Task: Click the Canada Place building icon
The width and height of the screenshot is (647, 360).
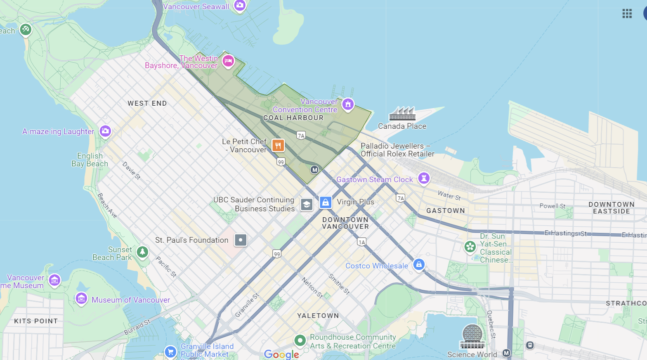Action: pyautogui.click(x=402, y=113)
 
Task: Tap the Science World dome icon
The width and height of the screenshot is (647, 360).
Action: pyautogui.click(x=472, y=336)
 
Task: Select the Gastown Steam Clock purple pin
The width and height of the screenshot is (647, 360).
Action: pyautogui.click(x=424, y=178)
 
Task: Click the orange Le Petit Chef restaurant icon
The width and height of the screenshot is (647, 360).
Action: pyautogui.click(x=278, y=145)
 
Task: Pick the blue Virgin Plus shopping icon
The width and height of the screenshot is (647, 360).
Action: pyautogui.click(x=326, y=202)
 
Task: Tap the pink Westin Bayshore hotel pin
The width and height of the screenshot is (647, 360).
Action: pyautogui.click(x=228, y=61)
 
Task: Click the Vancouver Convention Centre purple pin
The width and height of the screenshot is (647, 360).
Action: pyautogui.click(x=348, y=104)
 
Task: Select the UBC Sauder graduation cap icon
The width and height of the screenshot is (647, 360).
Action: pyautogui.click(x=307, y=204)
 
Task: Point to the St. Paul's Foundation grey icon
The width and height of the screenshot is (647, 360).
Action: pyautogui.click(x=241, y=240)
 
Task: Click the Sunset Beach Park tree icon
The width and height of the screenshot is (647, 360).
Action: pyautogui.click(x=142, y=252)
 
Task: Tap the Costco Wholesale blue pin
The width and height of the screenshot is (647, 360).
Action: pyautogui.click(x=419, y=265)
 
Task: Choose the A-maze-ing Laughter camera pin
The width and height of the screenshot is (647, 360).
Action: pyautogui.click(x=105, y=131)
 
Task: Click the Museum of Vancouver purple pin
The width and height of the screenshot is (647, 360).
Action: pyautogui.click(x=81, y=298)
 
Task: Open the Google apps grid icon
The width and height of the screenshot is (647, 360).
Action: pyautogui.click(x=627, y=14)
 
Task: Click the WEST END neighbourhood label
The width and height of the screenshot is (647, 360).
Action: pyautogui.click(x=147, y=103)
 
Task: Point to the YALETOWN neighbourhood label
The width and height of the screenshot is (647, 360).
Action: pyautogui.click(x=318, y=316)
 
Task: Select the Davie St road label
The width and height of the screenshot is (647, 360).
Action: pyautogui.click(x=132, y=171)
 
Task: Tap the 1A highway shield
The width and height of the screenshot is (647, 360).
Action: pyautogui.click(x=362, y=242)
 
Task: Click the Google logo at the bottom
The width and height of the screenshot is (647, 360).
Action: pyautogui.click(x=281, y=354)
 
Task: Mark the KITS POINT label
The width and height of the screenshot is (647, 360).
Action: pyautogui.click(x=36, y=321)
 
